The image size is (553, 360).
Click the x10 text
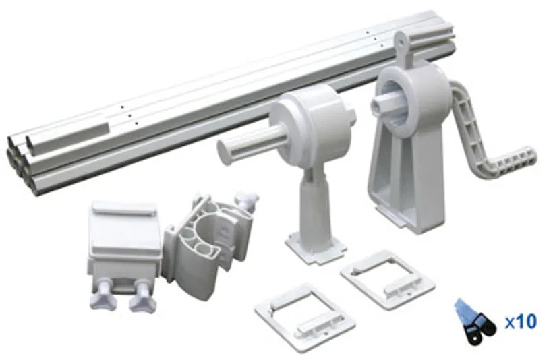coord(521,322)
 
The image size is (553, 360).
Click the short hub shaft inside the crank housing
coord(385,103)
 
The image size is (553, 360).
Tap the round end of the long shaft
coord(227,150)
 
